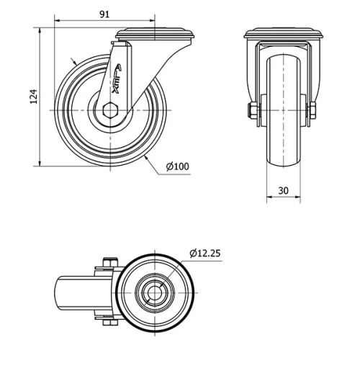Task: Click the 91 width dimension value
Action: (x=104, y=12)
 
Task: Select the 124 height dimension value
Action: (x=31, y=97)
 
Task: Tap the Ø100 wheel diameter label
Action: (x=177, y=166)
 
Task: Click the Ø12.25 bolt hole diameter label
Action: (x=207, y=253)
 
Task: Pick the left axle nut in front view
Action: (x=252, y=110)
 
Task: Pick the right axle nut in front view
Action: (x=312, y=110)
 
